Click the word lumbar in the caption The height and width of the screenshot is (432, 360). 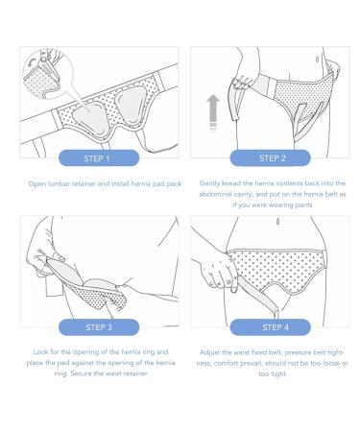coord(60,182)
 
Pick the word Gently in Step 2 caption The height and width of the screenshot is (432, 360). coord(210,182)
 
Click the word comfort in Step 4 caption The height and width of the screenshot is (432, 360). coord(224,364)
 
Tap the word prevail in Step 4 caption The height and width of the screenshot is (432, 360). coord(252,364)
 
